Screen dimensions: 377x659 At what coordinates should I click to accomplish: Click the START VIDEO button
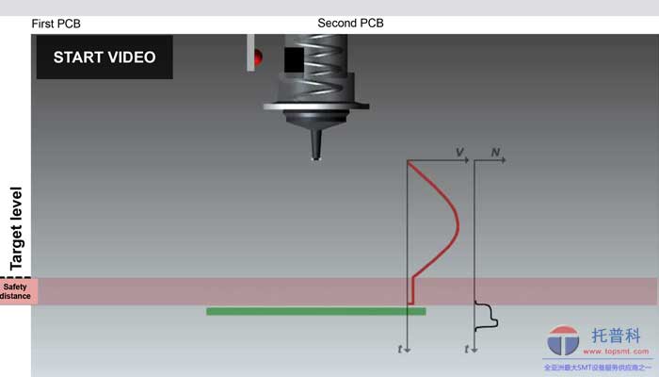coord(104,57)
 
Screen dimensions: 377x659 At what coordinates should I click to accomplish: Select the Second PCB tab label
coord(350,23)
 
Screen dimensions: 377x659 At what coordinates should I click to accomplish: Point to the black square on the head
coord(294,60)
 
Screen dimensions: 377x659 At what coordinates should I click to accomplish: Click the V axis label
coord(459,153)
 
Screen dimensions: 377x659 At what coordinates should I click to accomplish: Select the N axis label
coord(495,153)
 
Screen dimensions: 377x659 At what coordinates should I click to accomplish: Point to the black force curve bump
coord(488,318)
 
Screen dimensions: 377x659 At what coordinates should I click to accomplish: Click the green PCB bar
coord(315,311)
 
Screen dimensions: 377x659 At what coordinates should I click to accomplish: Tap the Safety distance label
coord(15,291)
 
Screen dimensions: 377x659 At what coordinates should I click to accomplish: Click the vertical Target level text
coord(16,227)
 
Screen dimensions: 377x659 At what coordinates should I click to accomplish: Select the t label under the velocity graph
coord(400,350)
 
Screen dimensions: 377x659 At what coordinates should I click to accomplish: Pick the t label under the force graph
coord(467,350)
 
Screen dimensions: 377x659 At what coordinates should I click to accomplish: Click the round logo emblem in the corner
coord(564,341)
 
